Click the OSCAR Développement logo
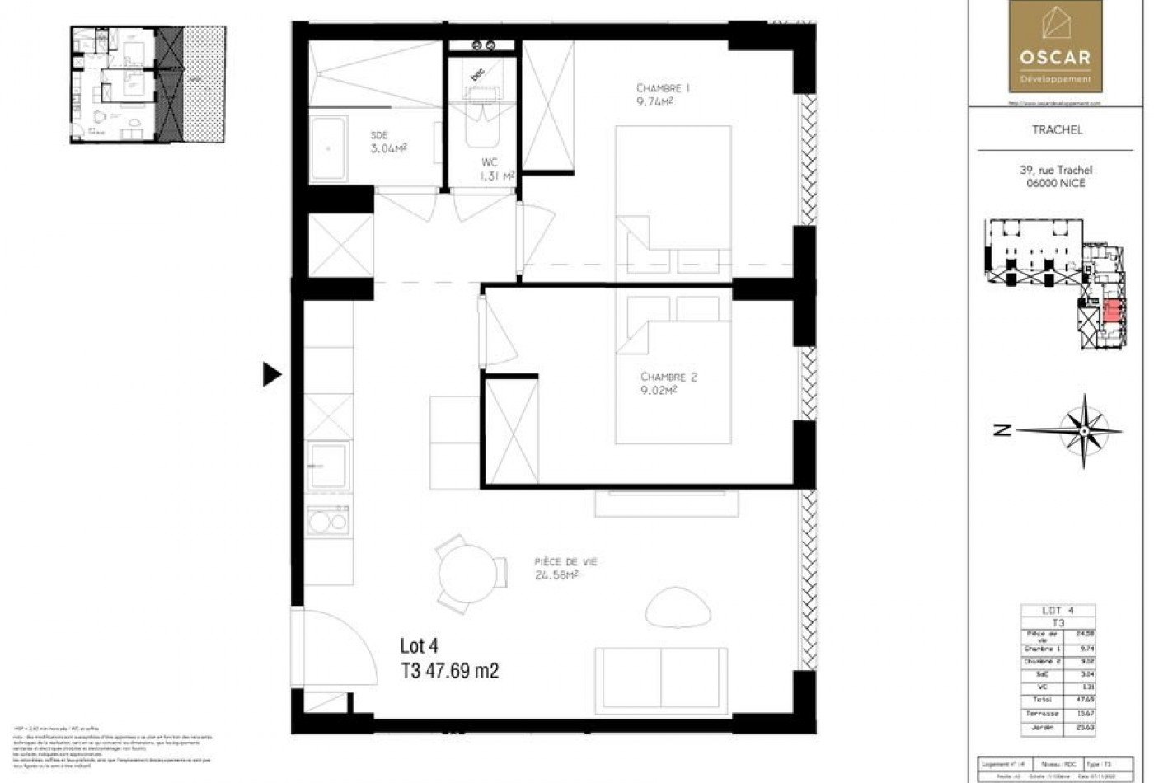pyautogui.click(x=1055, y=46)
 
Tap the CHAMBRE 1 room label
pyautogui.click(x=662, y=88)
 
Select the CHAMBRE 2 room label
pyautogui.click(x=668, y=377)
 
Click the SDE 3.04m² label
pyautogui.click(x=388, y=142)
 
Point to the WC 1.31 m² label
pyautogui.click(x=497, y=169)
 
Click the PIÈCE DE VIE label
pyautogui.click(x=565, y=562)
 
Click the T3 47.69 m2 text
pyautogui.click(x=449, y=671)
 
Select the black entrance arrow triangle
pyautogui.click(x=271, y=374)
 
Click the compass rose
pyautogui.click(x=1085, y=429)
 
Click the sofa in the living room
pyautogui.click(x=662, y=676)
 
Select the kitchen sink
pyautogui.click(x=327, y=466)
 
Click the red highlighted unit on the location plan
pyautogui.click(x=1112, y=312)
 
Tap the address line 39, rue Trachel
pyautogui.click(x=1056, y=171)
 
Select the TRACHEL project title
pyautogui.click(x=1057, y=130)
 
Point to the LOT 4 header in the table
pyautogui.click(x=1058, y=611)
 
